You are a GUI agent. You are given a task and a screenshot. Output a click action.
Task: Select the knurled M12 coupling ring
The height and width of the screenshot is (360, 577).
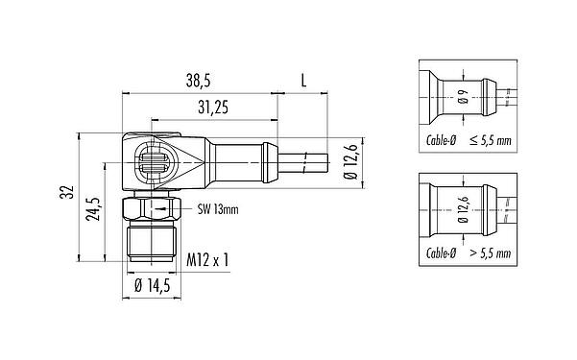pos(150,241)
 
